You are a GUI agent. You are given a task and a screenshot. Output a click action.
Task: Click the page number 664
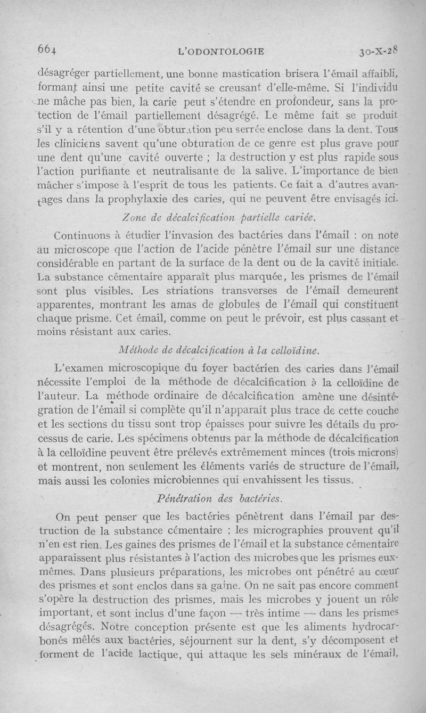46,50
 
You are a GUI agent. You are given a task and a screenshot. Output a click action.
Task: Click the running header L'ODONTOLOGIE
222,51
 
